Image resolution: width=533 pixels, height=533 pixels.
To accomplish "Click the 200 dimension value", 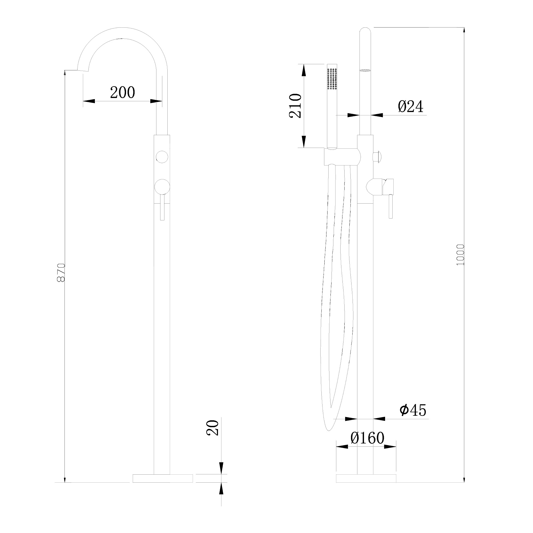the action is pos(123,92).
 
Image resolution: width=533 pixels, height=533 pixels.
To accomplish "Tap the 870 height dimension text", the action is pos(61,273).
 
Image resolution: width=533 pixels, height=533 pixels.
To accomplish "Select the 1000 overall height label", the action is pos(461,255).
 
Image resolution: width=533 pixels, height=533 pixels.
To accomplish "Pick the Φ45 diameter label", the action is pos(413,410).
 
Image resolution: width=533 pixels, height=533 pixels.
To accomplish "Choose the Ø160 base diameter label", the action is pos(367,438).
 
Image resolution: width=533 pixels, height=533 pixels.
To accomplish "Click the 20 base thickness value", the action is pos(212,428).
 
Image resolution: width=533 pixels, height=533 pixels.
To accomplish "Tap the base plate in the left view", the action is pos(163,478).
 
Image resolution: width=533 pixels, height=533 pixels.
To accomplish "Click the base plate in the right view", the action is pos(366,478).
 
